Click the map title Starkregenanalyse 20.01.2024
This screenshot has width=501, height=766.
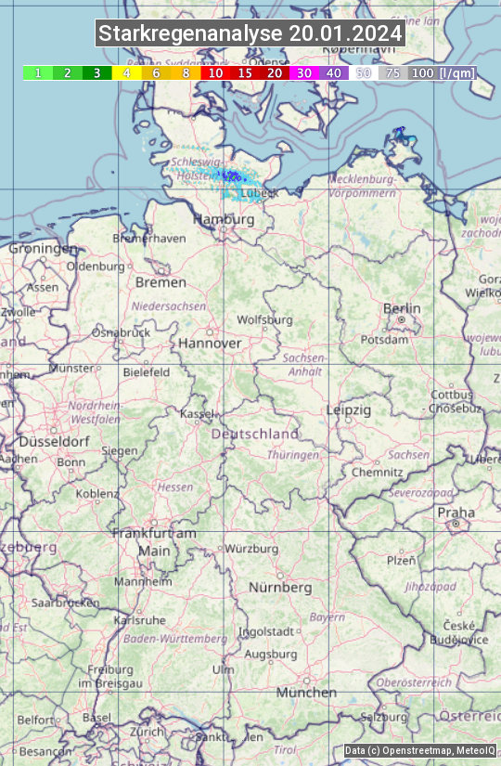tap(250, 34)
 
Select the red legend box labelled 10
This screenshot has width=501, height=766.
tap(215, 72)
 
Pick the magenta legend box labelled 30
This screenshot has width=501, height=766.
tap(304, 72)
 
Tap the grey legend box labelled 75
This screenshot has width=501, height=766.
tap(393, 72)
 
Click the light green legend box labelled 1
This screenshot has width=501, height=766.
tap(37, 72)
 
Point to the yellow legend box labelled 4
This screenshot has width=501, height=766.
tap(126, 72)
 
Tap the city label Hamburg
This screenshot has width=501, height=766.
tap(223, 219)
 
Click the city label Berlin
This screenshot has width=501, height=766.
tap(402, 308)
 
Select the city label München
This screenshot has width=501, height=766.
tap(306, 693)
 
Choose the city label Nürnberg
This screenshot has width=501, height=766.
tap(280, 588)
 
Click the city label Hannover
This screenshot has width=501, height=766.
tap(210, 343)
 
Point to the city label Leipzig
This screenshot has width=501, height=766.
tap(349, 409)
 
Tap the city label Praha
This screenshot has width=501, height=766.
tap(456, 513)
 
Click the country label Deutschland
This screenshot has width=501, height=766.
tap(255, 434)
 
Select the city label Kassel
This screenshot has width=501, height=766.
tap(197, 413)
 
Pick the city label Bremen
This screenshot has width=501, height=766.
tap(161, 282)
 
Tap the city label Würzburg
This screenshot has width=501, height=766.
tap(251, 549)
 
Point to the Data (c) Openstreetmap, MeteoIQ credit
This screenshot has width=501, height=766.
tap(420, 750)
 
